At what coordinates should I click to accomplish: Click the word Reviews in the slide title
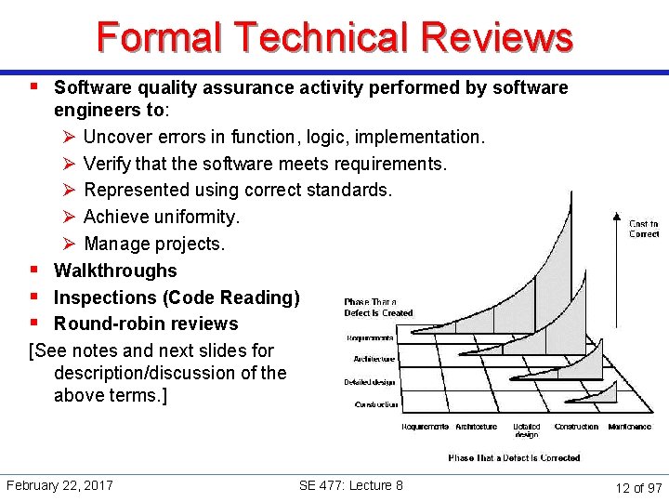(x=496, y=38)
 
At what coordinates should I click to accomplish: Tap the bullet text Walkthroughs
(x=115, y=271)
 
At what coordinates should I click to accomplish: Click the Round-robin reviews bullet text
(x=146, y=324)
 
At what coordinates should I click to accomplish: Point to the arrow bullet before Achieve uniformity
(x=67, y=217)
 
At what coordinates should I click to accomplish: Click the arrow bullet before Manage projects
(x=67, y=244)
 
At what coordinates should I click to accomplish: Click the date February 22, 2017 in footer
(x=59, y=485)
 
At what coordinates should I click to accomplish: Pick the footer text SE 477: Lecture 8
(x=351, y=485)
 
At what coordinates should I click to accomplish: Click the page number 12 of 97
(x=639, y=487)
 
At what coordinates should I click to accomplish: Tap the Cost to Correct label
(x=644, y=229)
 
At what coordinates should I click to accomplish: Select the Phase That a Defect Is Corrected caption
(x=514, y=458)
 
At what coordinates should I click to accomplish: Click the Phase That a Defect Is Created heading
(x=378, y=308)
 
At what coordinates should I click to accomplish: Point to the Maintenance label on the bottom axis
(x=629, y=427)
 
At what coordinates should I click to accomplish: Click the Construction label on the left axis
(x=376, y=404)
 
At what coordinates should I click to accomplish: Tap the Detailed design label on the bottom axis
(x=527, y=430)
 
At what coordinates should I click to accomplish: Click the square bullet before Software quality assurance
(x=33, y=86)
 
